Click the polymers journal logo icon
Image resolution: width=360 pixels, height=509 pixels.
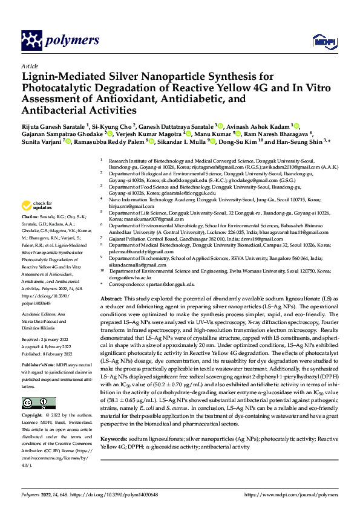tap(31, 41)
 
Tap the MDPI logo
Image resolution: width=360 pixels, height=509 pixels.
tap(321, 41)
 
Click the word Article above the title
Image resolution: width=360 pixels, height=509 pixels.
tap(29, 66)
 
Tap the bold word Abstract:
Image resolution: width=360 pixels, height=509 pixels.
tap(111, 299)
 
